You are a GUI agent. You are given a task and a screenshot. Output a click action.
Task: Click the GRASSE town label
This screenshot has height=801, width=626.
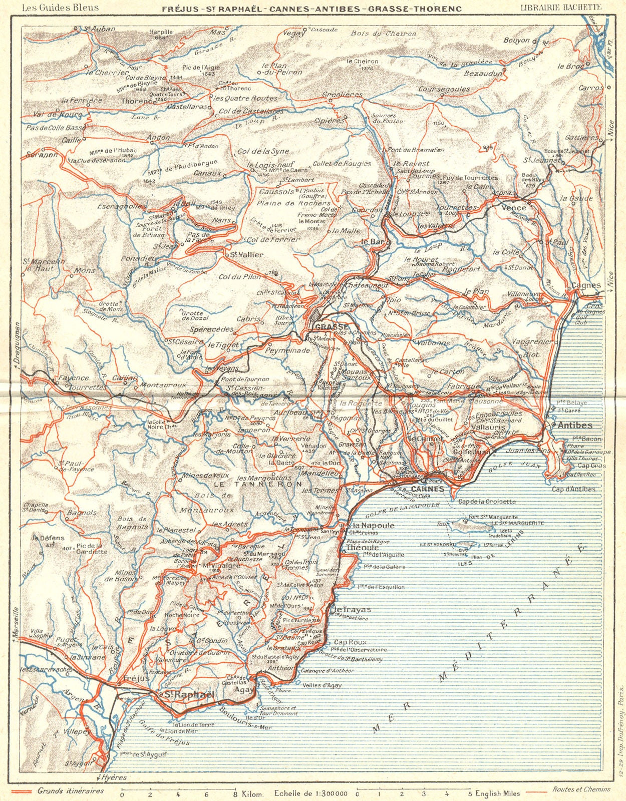point(331,326)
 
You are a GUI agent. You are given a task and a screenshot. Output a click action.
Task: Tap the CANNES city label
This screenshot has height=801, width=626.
point(427,489)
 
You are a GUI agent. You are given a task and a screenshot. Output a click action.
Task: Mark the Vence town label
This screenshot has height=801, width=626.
point(514,207)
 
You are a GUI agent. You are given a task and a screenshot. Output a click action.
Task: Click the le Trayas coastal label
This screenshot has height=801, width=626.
point(353,609)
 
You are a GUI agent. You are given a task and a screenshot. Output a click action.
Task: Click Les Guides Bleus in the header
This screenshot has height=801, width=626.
point(60,8)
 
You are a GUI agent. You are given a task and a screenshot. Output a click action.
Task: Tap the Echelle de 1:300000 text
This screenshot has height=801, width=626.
point(310,793)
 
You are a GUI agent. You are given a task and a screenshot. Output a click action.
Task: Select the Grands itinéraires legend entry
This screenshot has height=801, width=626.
point(71,790)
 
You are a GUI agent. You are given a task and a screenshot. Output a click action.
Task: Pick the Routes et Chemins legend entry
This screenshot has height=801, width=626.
point(581,789)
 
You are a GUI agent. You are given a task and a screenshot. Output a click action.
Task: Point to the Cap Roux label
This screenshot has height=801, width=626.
point(351,642)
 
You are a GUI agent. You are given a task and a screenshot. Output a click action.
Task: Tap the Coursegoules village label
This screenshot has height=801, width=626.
point(444,89)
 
